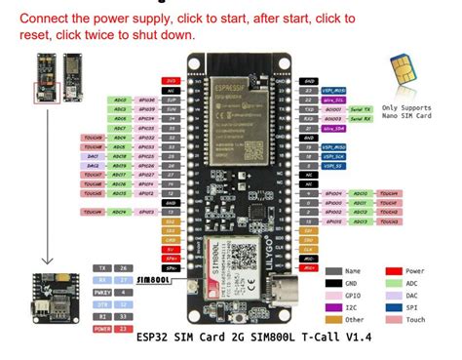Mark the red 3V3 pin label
click(171, 80)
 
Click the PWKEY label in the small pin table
click(100, 290)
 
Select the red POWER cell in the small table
click(100, 327)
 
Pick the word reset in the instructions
click(30, 34)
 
